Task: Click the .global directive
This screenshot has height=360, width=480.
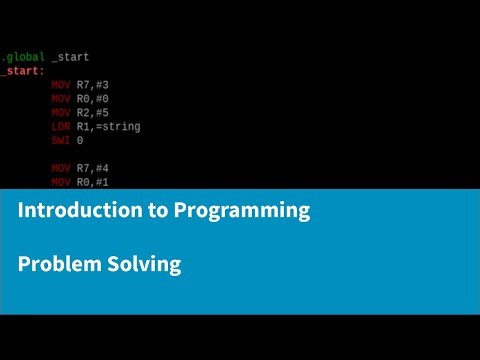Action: coord(22,57)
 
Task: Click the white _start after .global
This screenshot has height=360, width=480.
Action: coord(70,57)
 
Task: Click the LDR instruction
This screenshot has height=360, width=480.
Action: coord(61,127)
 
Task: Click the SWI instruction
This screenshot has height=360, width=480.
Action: coord(61,141)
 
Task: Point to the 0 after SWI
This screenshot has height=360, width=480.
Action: coord(80,141)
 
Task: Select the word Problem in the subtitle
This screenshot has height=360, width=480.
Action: coord(56,265)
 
